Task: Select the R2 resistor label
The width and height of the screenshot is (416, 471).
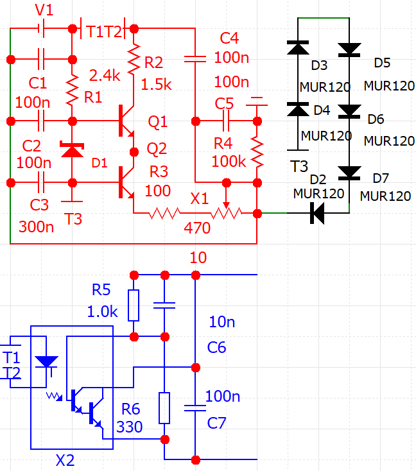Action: tap(154, 62)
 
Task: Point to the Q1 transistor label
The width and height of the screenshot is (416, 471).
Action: tap(157, 121)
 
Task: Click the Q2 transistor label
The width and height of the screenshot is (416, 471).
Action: tap(157, 149)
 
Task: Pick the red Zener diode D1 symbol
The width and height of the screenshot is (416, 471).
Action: tap(72, 150)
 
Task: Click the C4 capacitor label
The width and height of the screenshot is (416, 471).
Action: tap(229, 38)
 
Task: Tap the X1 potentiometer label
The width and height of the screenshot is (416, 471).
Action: tap(199, 199)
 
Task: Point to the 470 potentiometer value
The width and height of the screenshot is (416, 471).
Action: tap(196, 227)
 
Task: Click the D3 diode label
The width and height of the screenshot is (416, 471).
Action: tap(319, 66)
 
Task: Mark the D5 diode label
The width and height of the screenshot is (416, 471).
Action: tap(383, 63)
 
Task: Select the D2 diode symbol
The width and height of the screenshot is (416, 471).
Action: tap(316, 212)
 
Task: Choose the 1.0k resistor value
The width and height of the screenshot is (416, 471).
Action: tap(103, 311)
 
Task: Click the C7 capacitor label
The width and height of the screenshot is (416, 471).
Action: tap(218, 422)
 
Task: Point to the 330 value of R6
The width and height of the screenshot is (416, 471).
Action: tap(130, 427)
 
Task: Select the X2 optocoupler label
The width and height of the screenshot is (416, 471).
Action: tap(65, 460)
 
